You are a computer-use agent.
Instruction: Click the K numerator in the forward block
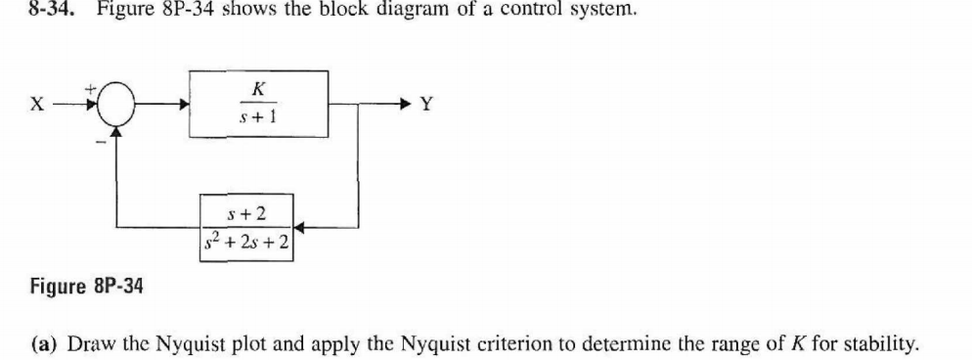(x=257, y=88)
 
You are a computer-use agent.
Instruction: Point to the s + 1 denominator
(x=257, y=119)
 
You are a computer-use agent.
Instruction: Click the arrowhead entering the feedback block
(x=299, y=227)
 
